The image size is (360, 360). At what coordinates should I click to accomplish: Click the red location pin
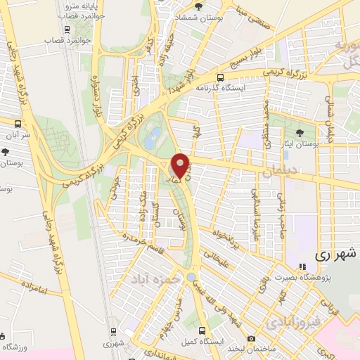coord(181,165)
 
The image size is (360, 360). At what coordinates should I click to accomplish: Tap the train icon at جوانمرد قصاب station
coord(66,30)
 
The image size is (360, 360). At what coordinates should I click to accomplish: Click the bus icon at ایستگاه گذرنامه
coord(221,77)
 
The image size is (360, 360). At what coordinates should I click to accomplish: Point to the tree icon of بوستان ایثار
coord(301,131)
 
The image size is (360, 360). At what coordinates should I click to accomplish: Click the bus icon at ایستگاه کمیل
coord(202,330)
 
